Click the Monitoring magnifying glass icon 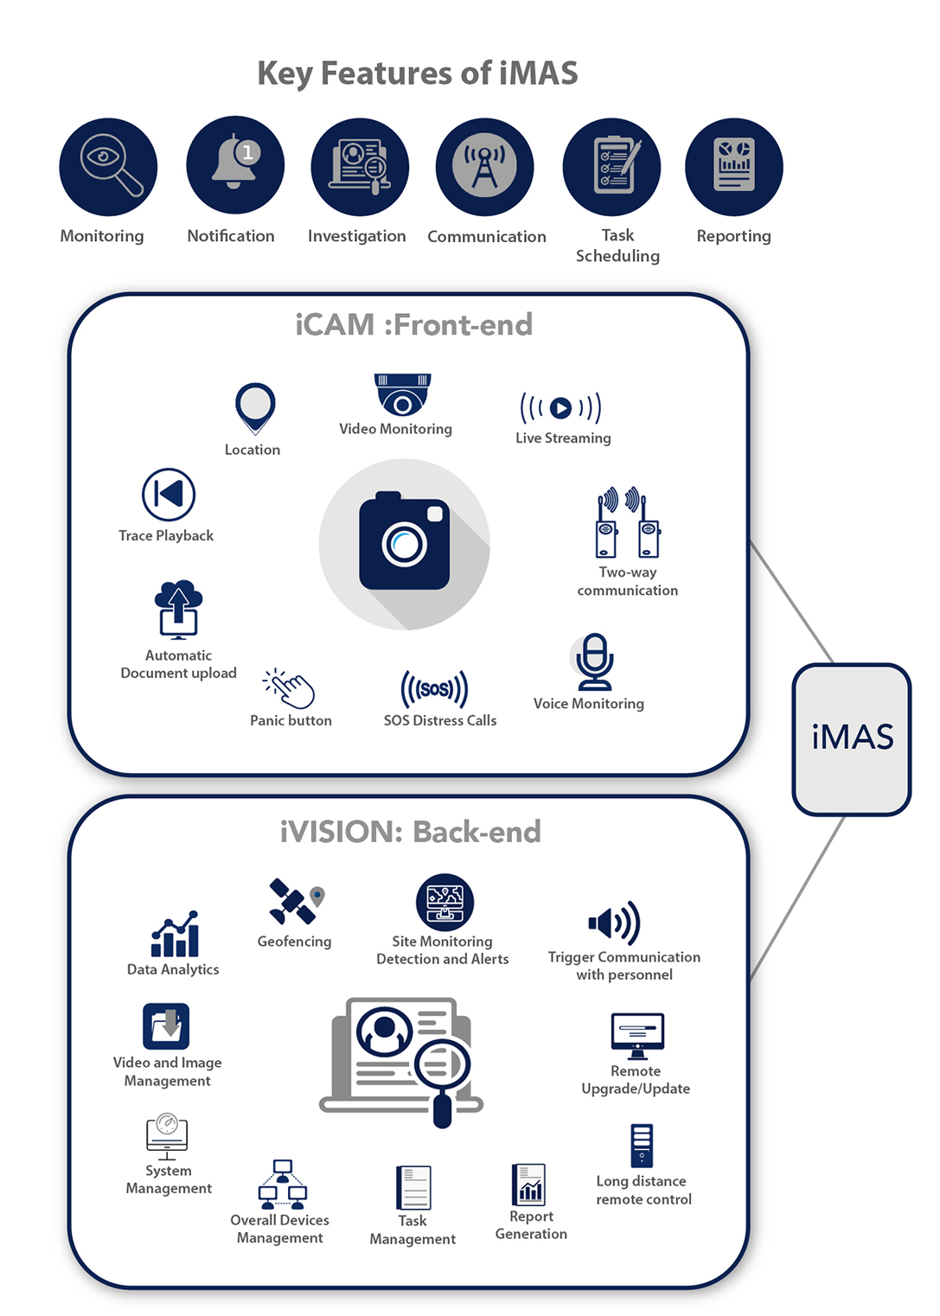click(x=108, y=166)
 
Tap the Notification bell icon click(x=234, y=164)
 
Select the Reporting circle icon click(x=733, y=166)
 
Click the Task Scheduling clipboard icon click(x=611, y=166)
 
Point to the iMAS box click(x=852, y=738)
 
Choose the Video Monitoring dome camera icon click(x=402, y=394)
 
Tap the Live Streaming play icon click(x=560, y=407)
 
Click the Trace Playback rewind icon click(x=169, y=495)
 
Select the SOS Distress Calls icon click(x=434, y=689)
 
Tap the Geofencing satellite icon click(x=295, y=902)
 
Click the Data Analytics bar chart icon click(x=175, y=935)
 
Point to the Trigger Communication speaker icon click(x=614, y=923)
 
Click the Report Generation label click(x=531, y=1225)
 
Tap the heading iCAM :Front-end click(x=413, y=325)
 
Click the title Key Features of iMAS click(x=418, y=73)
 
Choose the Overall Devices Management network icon click(x=282, y=1184)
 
